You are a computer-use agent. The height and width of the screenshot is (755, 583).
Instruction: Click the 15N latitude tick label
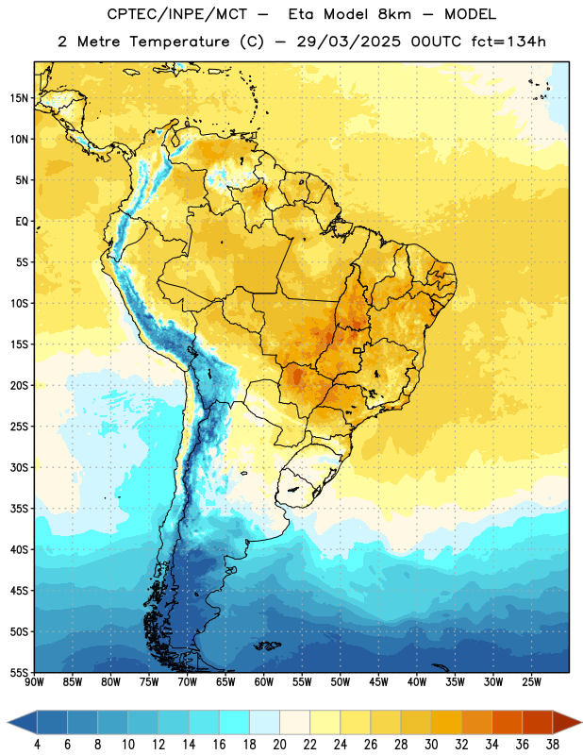[19, 98]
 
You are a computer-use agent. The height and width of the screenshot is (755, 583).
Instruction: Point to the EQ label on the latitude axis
[22, 222]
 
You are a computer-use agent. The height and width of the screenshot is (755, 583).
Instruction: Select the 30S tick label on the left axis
[19, 467]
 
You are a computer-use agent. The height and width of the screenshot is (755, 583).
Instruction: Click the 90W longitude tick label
[34, 682]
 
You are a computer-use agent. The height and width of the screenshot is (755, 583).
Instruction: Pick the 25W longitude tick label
[531, 682]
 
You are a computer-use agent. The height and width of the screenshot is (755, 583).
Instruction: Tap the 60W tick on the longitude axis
[264, 682]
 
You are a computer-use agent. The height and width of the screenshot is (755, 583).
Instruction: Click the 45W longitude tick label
[378, 682]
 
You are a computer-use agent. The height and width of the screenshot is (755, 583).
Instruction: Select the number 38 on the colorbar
[553, 745]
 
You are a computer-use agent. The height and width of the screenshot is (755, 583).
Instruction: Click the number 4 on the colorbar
[37, 745]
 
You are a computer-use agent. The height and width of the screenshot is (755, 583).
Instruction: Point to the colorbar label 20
[279, 745]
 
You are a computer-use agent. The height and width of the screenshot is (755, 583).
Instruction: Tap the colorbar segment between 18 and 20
[265, 723]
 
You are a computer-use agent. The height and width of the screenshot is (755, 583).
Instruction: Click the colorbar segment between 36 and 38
[538, 723]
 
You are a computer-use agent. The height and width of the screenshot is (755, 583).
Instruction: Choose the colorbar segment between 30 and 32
[446, 723]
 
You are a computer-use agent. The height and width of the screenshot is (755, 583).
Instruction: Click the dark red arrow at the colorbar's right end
[567, 723]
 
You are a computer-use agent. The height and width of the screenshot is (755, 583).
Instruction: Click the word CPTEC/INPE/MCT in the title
[176, 15]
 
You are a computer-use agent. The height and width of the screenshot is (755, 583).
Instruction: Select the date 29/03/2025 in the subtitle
[348, 42]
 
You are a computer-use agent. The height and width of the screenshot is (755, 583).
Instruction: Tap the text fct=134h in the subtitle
[508, 42]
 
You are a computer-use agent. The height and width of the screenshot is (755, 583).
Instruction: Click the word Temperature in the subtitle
[180, 42]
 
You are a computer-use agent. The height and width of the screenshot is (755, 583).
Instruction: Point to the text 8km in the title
[394, 14]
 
